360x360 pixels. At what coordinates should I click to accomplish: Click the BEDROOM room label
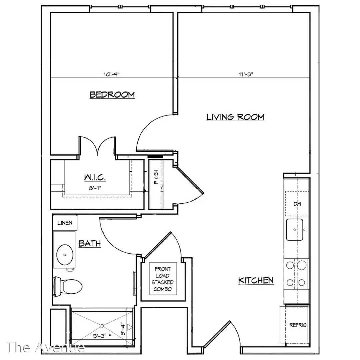pyautogui.click(x=112, y=95)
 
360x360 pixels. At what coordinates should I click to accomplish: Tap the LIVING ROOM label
pyautogui.click(x=235, y=117)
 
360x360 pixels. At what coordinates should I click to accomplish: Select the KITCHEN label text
pyautogui.click(x=256, y=281)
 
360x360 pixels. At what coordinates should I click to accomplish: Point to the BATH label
pyautogui.click(x=90, y=243)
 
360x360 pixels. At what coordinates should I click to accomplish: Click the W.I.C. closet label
pyautogui.click(x=95, y=177)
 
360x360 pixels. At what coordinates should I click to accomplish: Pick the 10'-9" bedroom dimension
pyautogui.click(x=112, y=74)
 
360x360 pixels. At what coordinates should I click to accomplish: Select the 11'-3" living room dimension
pyautogui.click(x=246, y=74)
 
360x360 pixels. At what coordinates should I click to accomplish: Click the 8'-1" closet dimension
pyautogui.click(x=95, y=188)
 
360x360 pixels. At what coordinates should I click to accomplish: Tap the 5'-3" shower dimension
pyautogui.click(x=100, y=336)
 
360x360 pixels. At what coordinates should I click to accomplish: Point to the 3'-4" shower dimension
pyautogui.click(x=123, y=329)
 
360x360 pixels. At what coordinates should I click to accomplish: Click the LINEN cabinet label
pyautogui.click(x=65, y=223)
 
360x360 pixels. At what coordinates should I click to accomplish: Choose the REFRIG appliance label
pyautogui.click(x=298, y=325)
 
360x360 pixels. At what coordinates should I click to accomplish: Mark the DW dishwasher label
pyautogui.click(x=297, y=204)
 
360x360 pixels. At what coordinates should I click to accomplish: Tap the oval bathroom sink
pyautogui.click(x=65, y=255)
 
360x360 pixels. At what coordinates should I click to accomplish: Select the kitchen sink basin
pyautogui.click(x=295, y=230)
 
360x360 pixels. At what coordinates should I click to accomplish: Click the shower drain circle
pyautogui.click(x=102, y=326)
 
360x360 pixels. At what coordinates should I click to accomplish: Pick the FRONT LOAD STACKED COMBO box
pyautogui.click(x=163, y=279)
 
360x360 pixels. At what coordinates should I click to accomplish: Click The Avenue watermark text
pyautogui.click(x=45, y=347)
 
